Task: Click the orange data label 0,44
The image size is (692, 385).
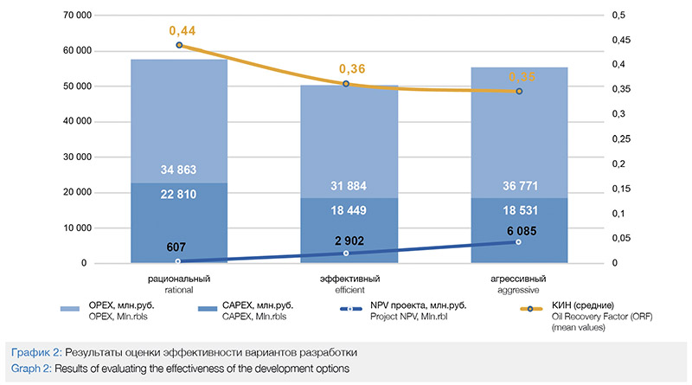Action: pos(178,31)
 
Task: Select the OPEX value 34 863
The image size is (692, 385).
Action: pos(178,170)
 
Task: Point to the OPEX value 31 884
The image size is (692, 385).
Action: pos(351,186)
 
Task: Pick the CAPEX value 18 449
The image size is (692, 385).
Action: pos(351,210)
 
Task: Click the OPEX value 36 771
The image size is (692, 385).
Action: pos(518,186)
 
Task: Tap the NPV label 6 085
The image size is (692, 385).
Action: pos(518,229)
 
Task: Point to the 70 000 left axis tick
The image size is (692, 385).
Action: pos(82,16)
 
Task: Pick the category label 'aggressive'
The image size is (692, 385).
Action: pos(518,290)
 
